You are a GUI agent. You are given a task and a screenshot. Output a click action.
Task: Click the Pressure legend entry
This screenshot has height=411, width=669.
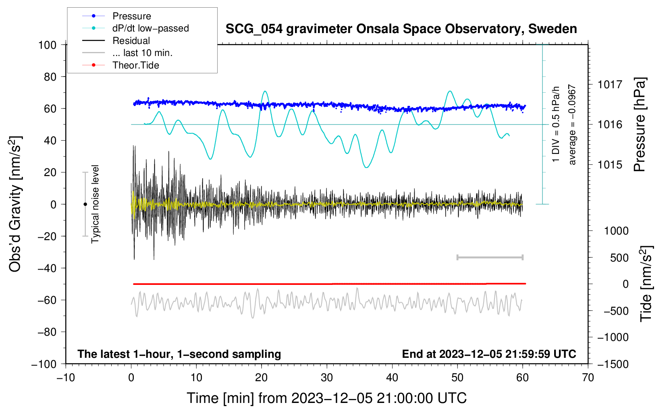tap(116, 16)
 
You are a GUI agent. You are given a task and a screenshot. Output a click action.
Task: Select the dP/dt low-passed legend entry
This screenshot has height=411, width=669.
tap(135, 28)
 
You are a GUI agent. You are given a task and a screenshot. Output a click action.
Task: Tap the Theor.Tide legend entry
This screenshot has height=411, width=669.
tap(121, 65)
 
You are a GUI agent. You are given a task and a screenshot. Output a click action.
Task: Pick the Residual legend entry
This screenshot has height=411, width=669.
tap(116, 41)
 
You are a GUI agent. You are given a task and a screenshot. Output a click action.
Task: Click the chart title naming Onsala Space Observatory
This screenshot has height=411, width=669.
tap(401, 29)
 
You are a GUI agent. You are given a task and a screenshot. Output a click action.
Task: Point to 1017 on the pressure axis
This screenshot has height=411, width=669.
tap(610, 85)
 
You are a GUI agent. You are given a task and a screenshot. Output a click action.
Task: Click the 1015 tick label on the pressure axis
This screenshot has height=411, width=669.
tap(610, 164)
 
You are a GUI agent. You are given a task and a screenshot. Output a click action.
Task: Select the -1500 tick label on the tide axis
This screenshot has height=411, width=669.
tap(613, 364)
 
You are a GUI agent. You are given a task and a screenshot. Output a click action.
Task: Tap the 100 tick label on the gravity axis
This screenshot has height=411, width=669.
tap(47, 45)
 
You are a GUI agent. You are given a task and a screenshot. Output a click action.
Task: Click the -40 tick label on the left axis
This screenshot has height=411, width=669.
tap(47, 268)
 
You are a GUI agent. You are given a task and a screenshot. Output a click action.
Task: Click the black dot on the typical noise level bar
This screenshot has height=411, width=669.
tap(85, 204)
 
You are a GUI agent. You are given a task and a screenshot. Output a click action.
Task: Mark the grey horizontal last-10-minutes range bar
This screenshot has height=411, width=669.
tap(490, 257)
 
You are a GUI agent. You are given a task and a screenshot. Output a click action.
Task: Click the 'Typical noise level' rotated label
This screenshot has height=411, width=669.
tap(95, 204)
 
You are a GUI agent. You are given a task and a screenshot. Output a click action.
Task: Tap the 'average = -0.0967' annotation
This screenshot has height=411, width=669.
tap(572, 125)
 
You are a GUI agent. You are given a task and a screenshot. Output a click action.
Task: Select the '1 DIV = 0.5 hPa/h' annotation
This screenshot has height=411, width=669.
tap(555, 125)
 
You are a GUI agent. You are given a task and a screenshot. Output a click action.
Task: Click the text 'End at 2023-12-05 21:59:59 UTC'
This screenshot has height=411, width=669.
tap(489, 354)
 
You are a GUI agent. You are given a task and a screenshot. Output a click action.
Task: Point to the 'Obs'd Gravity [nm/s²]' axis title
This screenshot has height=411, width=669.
tap(15, 204)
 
